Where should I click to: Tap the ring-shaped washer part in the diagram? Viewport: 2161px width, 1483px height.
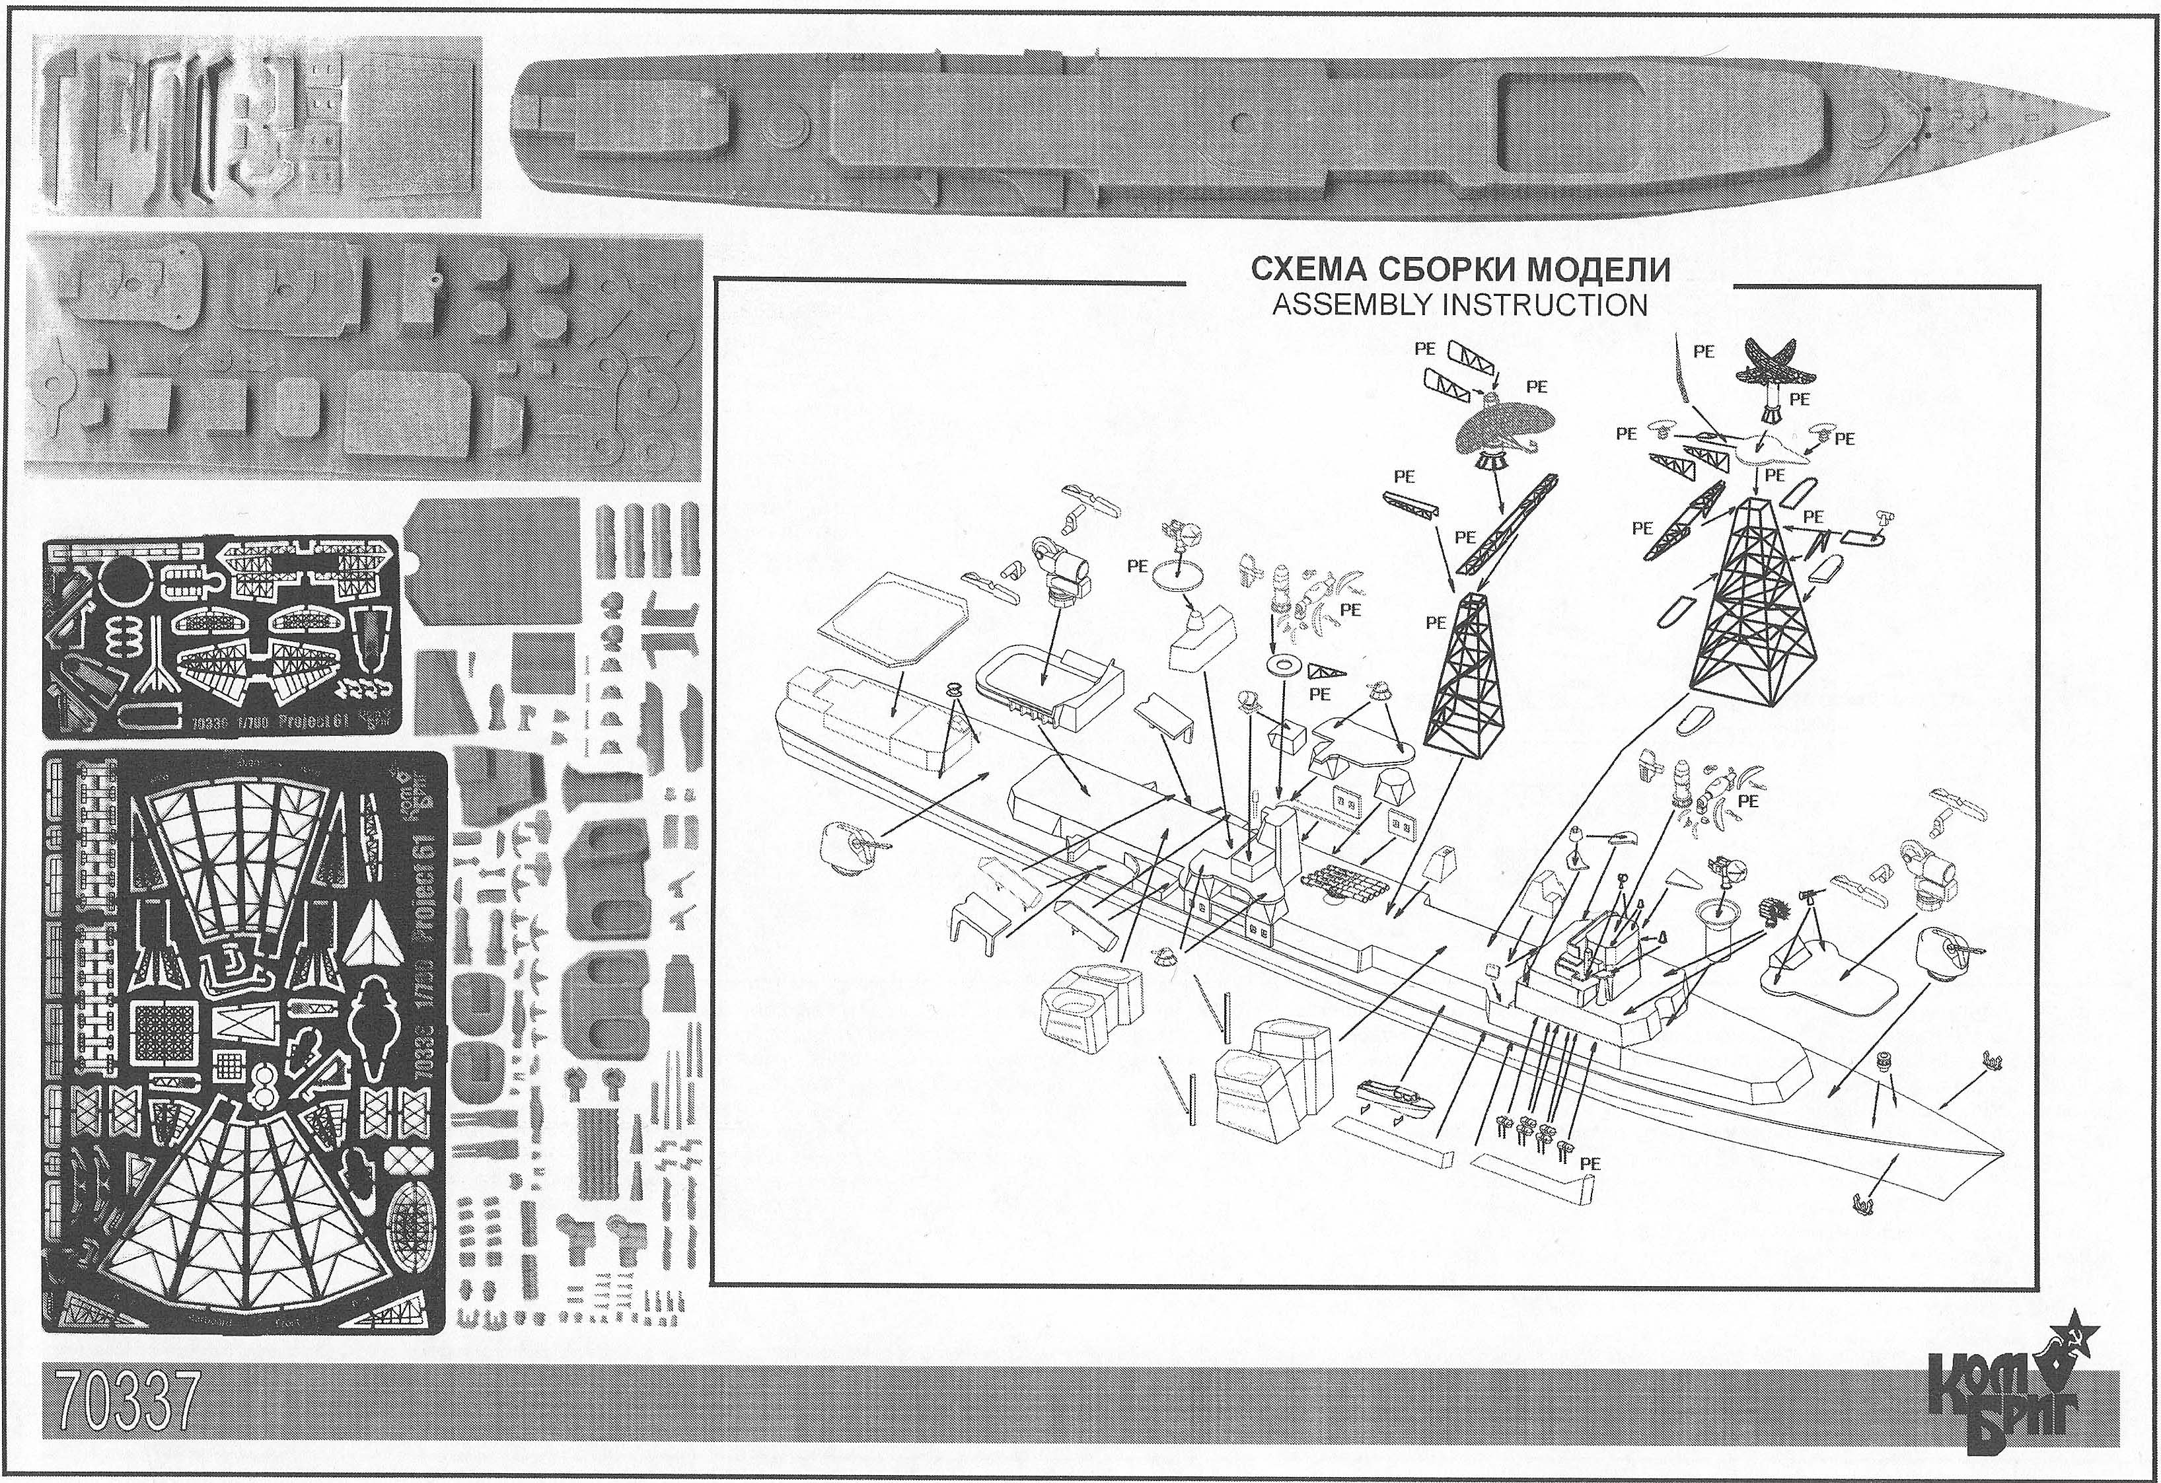click(1285, 665)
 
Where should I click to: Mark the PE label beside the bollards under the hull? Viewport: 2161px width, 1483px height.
click(1590, 1162)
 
